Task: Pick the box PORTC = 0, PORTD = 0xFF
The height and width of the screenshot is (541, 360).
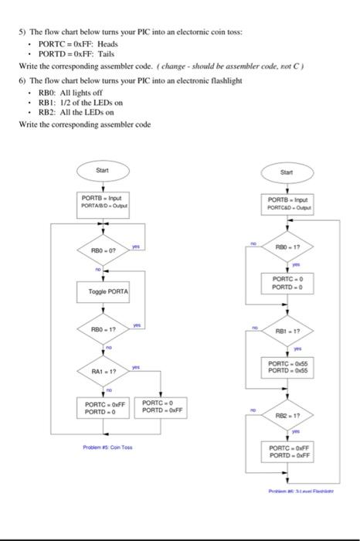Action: (160, 407)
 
